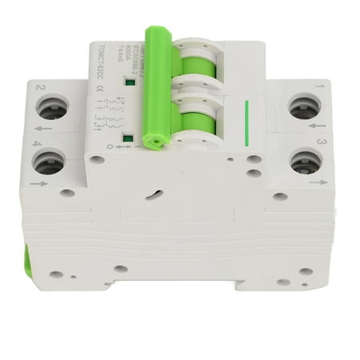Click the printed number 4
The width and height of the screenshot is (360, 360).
[x=37, y=144]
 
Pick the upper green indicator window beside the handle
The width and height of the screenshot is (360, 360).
[x=127, y=81]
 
